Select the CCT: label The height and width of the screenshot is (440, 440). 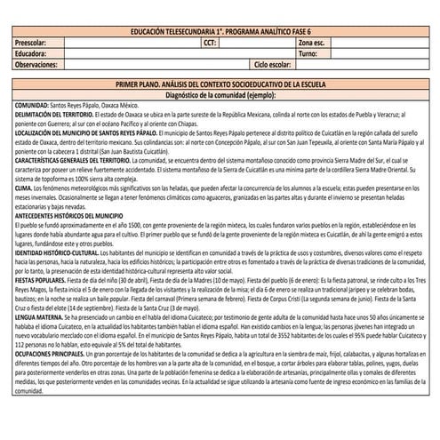(210, 42)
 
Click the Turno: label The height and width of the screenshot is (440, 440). (308, 53)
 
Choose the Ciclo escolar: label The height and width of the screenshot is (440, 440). (272, 65)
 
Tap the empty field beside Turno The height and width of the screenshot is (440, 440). (377, 53)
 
